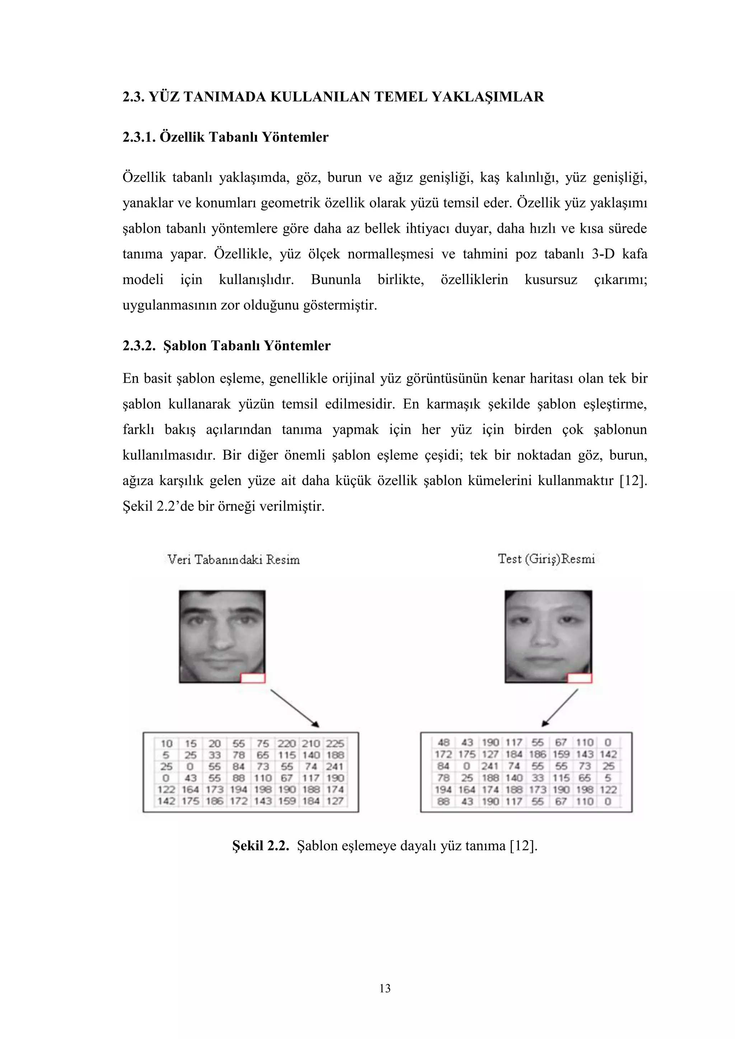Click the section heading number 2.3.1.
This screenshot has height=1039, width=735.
[x=139, y=137]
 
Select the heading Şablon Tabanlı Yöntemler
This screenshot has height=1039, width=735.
[x=247, y=346]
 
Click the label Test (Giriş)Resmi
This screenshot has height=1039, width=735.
[x=546, y=559]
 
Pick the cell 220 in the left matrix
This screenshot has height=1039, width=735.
[x=286, y=744]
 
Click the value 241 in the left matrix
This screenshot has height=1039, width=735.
[x=334, y=767]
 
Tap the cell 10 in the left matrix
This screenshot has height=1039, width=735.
[x=167, y=744]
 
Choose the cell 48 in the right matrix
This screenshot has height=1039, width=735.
[x=444, y=743]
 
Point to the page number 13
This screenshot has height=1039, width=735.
[x=385, y=989]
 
